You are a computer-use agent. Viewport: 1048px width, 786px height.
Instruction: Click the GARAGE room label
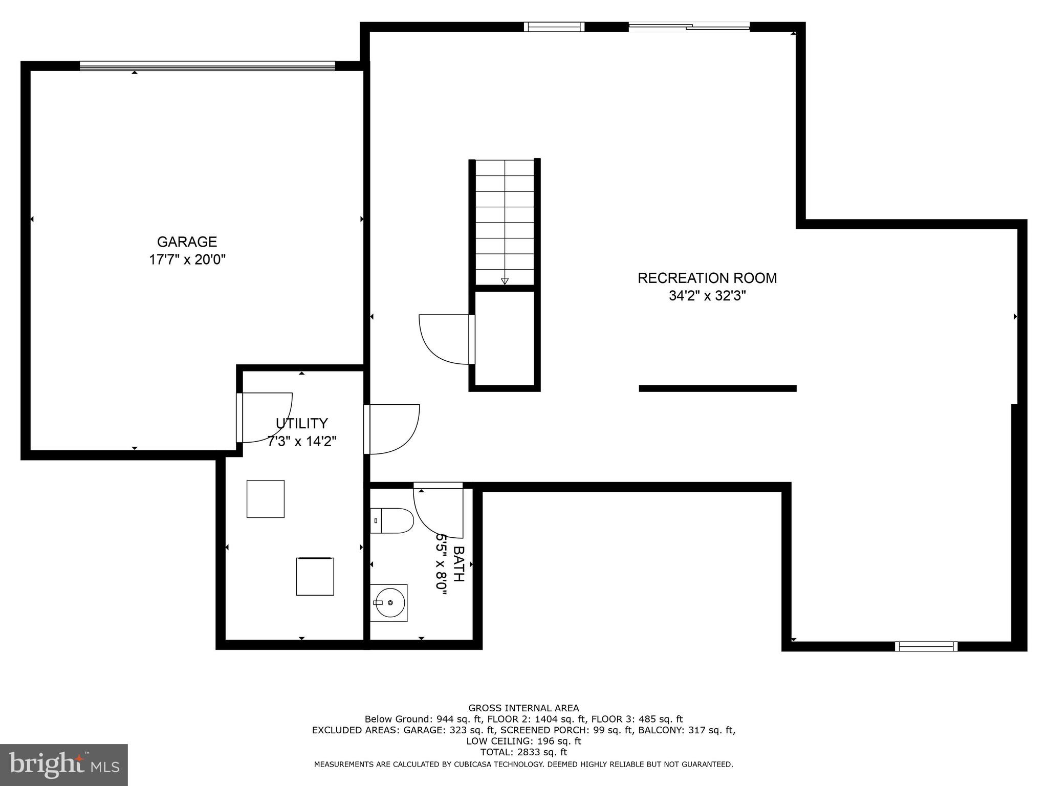(x=187, y=242)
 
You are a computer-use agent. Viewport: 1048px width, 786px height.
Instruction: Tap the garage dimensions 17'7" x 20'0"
(x=187, y=260)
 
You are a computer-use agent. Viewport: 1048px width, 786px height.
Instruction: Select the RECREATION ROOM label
(x=707, y=278)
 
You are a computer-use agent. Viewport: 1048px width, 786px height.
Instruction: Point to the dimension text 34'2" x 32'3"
(x=707, y=296)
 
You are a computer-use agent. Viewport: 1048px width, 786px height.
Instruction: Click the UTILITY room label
(x=301, y=423)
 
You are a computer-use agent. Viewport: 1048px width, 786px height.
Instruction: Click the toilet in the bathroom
(x=391, y=520)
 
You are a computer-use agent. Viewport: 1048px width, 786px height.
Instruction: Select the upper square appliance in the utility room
(x=265, y=498)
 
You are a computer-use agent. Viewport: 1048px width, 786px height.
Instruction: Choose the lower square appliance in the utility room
(x=315, y=576)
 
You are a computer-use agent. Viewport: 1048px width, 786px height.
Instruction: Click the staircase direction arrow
(x=505, y=281)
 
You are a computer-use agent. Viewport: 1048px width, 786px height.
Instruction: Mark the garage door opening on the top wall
(x=207, y=65)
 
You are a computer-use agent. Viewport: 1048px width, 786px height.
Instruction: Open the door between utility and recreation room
(x=391, y=429)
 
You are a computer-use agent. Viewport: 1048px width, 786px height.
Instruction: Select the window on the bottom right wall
(x=926, y=646)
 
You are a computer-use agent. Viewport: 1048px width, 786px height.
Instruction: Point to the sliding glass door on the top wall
(x=689, y=27)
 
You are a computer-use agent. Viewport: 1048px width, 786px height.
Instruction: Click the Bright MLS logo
(x=63, y=765)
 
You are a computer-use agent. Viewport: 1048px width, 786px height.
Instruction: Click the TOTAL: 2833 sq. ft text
(x=523, y=752)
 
